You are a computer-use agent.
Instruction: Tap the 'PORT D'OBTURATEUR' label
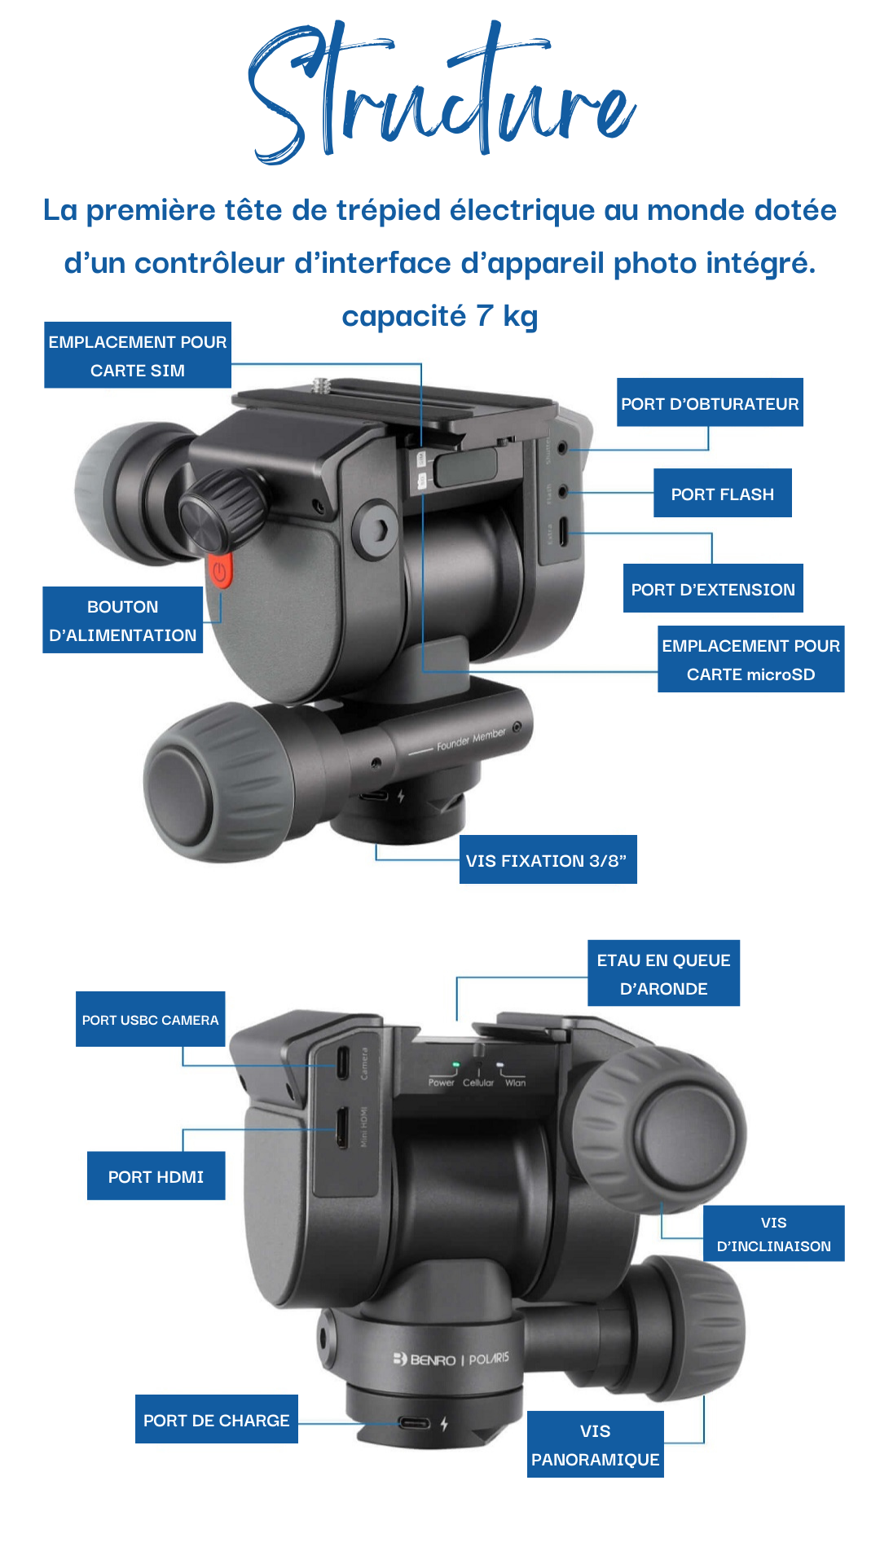pos(710,402)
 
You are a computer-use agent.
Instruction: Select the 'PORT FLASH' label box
pos(722,493)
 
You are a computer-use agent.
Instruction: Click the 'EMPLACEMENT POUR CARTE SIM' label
pos(138,355)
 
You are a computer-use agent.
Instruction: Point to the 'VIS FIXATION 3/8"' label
pos(548,859)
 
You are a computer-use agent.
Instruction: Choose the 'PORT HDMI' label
pos(156,1175)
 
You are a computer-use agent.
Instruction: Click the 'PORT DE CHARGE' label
pos(216,1419)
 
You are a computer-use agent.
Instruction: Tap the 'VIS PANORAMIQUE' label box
pos(595,1444)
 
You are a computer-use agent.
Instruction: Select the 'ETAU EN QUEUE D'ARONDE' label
pos(663,973)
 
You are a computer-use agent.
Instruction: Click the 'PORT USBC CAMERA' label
pos(151,1019)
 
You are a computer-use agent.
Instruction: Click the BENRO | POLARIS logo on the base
pos(451,1359)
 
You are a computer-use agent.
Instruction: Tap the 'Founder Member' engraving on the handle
pos(471,739)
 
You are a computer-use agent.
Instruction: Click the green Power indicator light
pos(455,1065)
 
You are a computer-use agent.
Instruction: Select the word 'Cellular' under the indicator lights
pos(478,1083)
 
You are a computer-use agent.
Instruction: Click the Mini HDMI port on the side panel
pos(343,1127)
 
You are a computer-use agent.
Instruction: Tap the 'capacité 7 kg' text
pos(440,315)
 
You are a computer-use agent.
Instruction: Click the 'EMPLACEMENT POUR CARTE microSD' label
pos(750,659)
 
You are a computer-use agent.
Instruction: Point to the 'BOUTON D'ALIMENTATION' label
pos(123,620)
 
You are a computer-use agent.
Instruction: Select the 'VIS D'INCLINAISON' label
pos(773,1233)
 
